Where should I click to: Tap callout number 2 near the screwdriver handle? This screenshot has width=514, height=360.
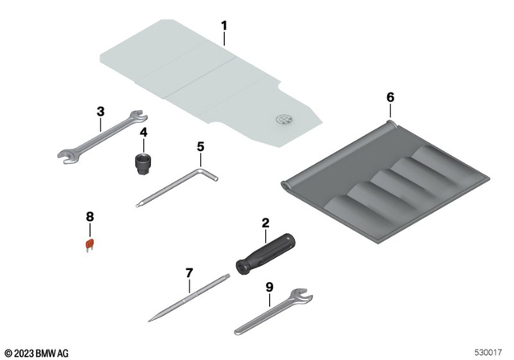point(263,222)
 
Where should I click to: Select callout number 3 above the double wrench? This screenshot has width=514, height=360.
point(100,112)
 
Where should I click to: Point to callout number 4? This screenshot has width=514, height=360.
point(143,132)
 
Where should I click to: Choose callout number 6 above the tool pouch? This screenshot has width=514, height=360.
point(390,97)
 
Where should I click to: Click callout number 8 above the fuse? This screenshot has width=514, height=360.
point(90,217)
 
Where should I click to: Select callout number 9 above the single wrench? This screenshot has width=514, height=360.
point(269,286)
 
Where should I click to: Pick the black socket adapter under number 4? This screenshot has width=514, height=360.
point(143,162)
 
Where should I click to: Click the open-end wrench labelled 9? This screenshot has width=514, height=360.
point(273,313)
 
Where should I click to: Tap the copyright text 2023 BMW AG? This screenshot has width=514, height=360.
point(37,352)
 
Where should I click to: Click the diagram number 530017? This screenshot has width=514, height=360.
point(490,352)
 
